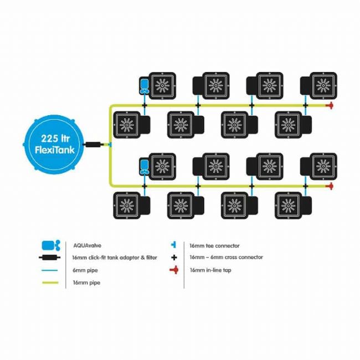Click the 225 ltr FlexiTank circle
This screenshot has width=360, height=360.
tap(54, 145)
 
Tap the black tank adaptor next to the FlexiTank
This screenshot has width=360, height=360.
tap(92, 145)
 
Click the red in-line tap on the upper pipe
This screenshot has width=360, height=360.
tap(330, 105)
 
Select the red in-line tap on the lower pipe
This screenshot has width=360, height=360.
tap(330, 186)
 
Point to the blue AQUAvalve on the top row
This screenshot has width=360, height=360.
tap(145, 86)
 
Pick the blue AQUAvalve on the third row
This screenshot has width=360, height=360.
tap(145, 167)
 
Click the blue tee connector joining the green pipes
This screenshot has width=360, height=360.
tap(110, 145)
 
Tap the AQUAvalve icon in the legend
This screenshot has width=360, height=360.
tap(51, 245)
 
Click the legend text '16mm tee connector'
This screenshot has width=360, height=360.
tap(214, 246)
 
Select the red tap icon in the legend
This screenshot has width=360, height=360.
tap(174, 270)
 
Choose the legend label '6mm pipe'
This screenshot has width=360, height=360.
tap(85, 270)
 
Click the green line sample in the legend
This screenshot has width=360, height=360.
tap(50, 282)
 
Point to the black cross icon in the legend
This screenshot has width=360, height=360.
tap(174, 258)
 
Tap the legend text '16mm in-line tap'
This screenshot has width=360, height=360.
tap(210, 270)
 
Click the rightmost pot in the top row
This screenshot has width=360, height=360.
tap(318, 86)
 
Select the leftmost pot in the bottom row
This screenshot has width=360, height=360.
tap(132, 205)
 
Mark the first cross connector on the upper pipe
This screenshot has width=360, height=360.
tap(145, 106)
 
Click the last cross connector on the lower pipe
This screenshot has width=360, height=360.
tap(305, 186)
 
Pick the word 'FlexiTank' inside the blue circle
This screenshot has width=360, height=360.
tap(55, 150)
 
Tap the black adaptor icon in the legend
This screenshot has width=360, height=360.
tap(50, 258)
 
